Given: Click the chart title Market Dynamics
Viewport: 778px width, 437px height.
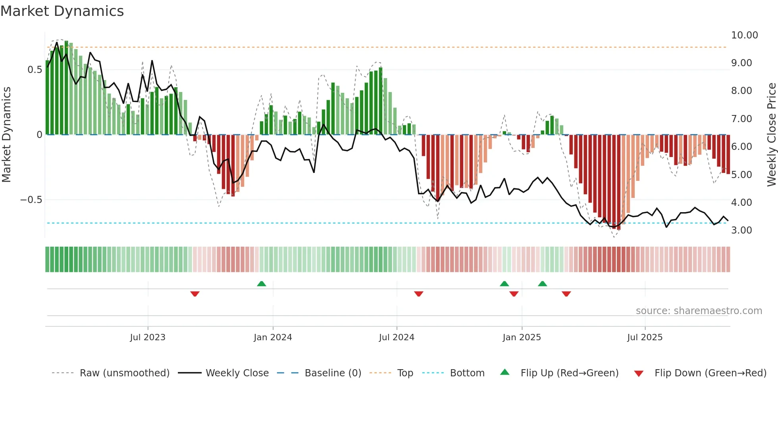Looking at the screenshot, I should coord(62,11).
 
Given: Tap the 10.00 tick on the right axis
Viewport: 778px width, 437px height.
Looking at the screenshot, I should coord(744,35).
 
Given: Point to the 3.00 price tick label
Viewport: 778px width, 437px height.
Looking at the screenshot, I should coord(741,230).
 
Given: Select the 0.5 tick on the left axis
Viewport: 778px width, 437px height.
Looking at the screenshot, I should coord(35,70).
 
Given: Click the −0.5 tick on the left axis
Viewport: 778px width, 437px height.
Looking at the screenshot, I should coord(31,200).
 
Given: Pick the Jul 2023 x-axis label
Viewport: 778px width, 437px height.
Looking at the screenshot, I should coord(148,337).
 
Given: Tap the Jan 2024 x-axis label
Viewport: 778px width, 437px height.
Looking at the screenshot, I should coord(273,337).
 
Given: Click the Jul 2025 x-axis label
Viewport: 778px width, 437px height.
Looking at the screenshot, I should coord(645,337).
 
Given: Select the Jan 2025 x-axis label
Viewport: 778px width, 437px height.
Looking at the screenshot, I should coord(522,337).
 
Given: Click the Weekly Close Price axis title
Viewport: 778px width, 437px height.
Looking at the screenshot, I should coord(771,135).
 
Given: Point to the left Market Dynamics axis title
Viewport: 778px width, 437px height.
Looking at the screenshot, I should coord(6,135).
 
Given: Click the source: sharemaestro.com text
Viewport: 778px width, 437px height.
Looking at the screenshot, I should coord(699,311).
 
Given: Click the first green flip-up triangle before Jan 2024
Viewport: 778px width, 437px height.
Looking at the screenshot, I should coord(261,284).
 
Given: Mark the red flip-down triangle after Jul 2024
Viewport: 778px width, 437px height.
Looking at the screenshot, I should coord(418,294).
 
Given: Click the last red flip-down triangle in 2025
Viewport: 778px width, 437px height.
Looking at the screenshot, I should coord(566,294).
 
